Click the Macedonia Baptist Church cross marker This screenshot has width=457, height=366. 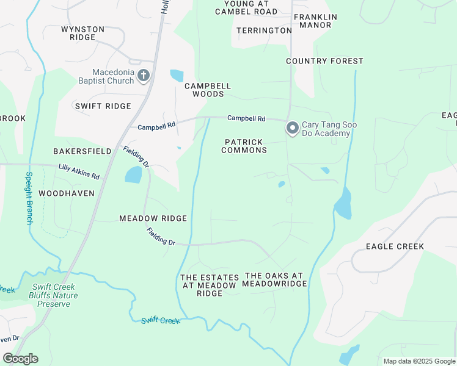tap(144, 76)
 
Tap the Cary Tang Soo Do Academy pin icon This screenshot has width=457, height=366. tap(293, 128)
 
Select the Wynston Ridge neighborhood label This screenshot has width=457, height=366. tap(82, 33)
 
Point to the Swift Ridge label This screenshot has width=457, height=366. tap(103, 106)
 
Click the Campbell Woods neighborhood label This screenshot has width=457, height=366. tap(208, 90)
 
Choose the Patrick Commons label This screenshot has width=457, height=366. tap(244, 146)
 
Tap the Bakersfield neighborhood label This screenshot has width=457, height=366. tap(82, 151)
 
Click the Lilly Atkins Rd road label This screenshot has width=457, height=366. tap(79, 171)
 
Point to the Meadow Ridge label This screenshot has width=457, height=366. tap(153, 218)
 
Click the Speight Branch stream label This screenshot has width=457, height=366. tap(28, 198)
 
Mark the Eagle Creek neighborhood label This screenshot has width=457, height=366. tap(394, 246)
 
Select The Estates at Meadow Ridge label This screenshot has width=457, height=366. tap(209, 285)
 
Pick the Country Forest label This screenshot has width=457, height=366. tap(324, 61)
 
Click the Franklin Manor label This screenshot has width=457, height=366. tap(315, 21)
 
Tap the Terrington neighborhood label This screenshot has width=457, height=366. tap(264, 30)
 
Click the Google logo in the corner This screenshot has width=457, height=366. tap(20, 359)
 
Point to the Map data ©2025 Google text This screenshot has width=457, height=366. tap(419, 361)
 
